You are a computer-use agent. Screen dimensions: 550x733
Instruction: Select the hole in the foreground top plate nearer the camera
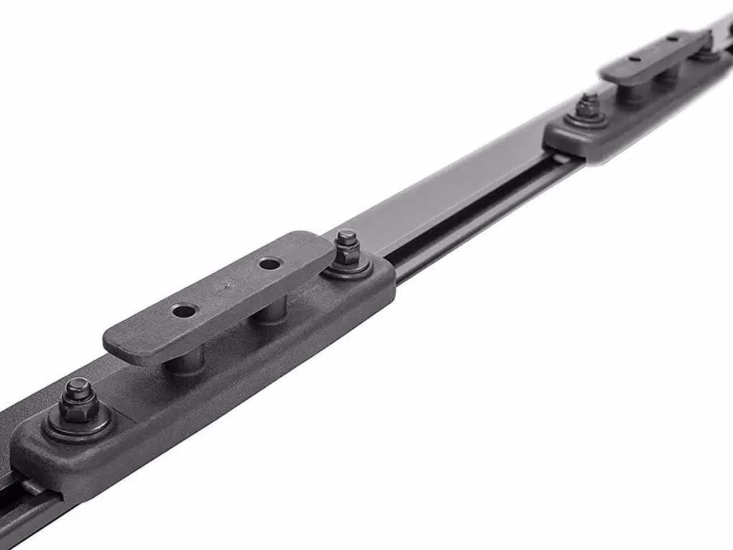(x=185, y=311)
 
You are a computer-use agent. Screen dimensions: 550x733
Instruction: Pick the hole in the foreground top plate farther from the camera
(x=270, y=264)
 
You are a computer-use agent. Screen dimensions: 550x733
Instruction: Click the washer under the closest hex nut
(x=78, y=423)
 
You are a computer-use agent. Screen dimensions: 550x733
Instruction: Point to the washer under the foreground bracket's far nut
(x=347, y=267)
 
